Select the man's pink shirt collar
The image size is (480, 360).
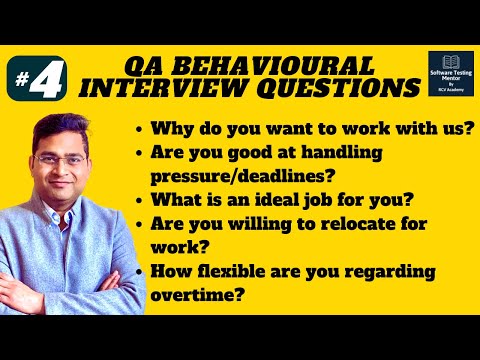pyautogui.click(x=60, y=214)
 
